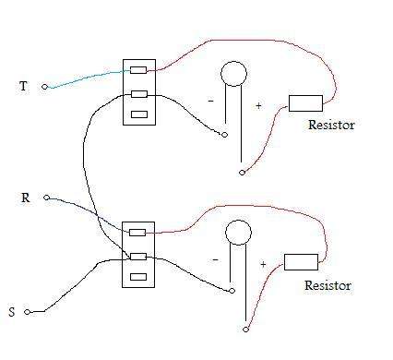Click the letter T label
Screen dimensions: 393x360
23,86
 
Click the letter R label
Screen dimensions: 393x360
26,198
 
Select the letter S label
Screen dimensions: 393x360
12,312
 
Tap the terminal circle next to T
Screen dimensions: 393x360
44,87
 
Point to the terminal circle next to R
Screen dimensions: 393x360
46,198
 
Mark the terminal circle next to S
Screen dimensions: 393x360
28,312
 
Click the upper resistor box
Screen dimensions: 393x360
305,103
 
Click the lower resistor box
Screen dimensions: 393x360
301,262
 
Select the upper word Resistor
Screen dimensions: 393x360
331,125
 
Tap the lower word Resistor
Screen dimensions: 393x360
327,285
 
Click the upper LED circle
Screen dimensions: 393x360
233,74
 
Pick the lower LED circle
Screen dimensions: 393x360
238,233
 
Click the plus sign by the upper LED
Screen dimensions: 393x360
258,106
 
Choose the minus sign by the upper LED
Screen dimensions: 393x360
211,101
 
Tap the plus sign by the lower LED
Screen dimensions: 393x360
263,264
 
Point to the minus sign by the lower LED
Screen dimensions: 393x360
216,260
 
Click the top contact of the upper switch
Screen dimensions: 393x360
138,70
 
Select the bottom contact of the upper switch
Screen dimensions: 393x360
139,114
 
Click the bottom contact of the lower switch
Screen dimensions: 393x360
138,277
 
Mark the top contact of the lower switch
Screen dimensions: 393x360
137,233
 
